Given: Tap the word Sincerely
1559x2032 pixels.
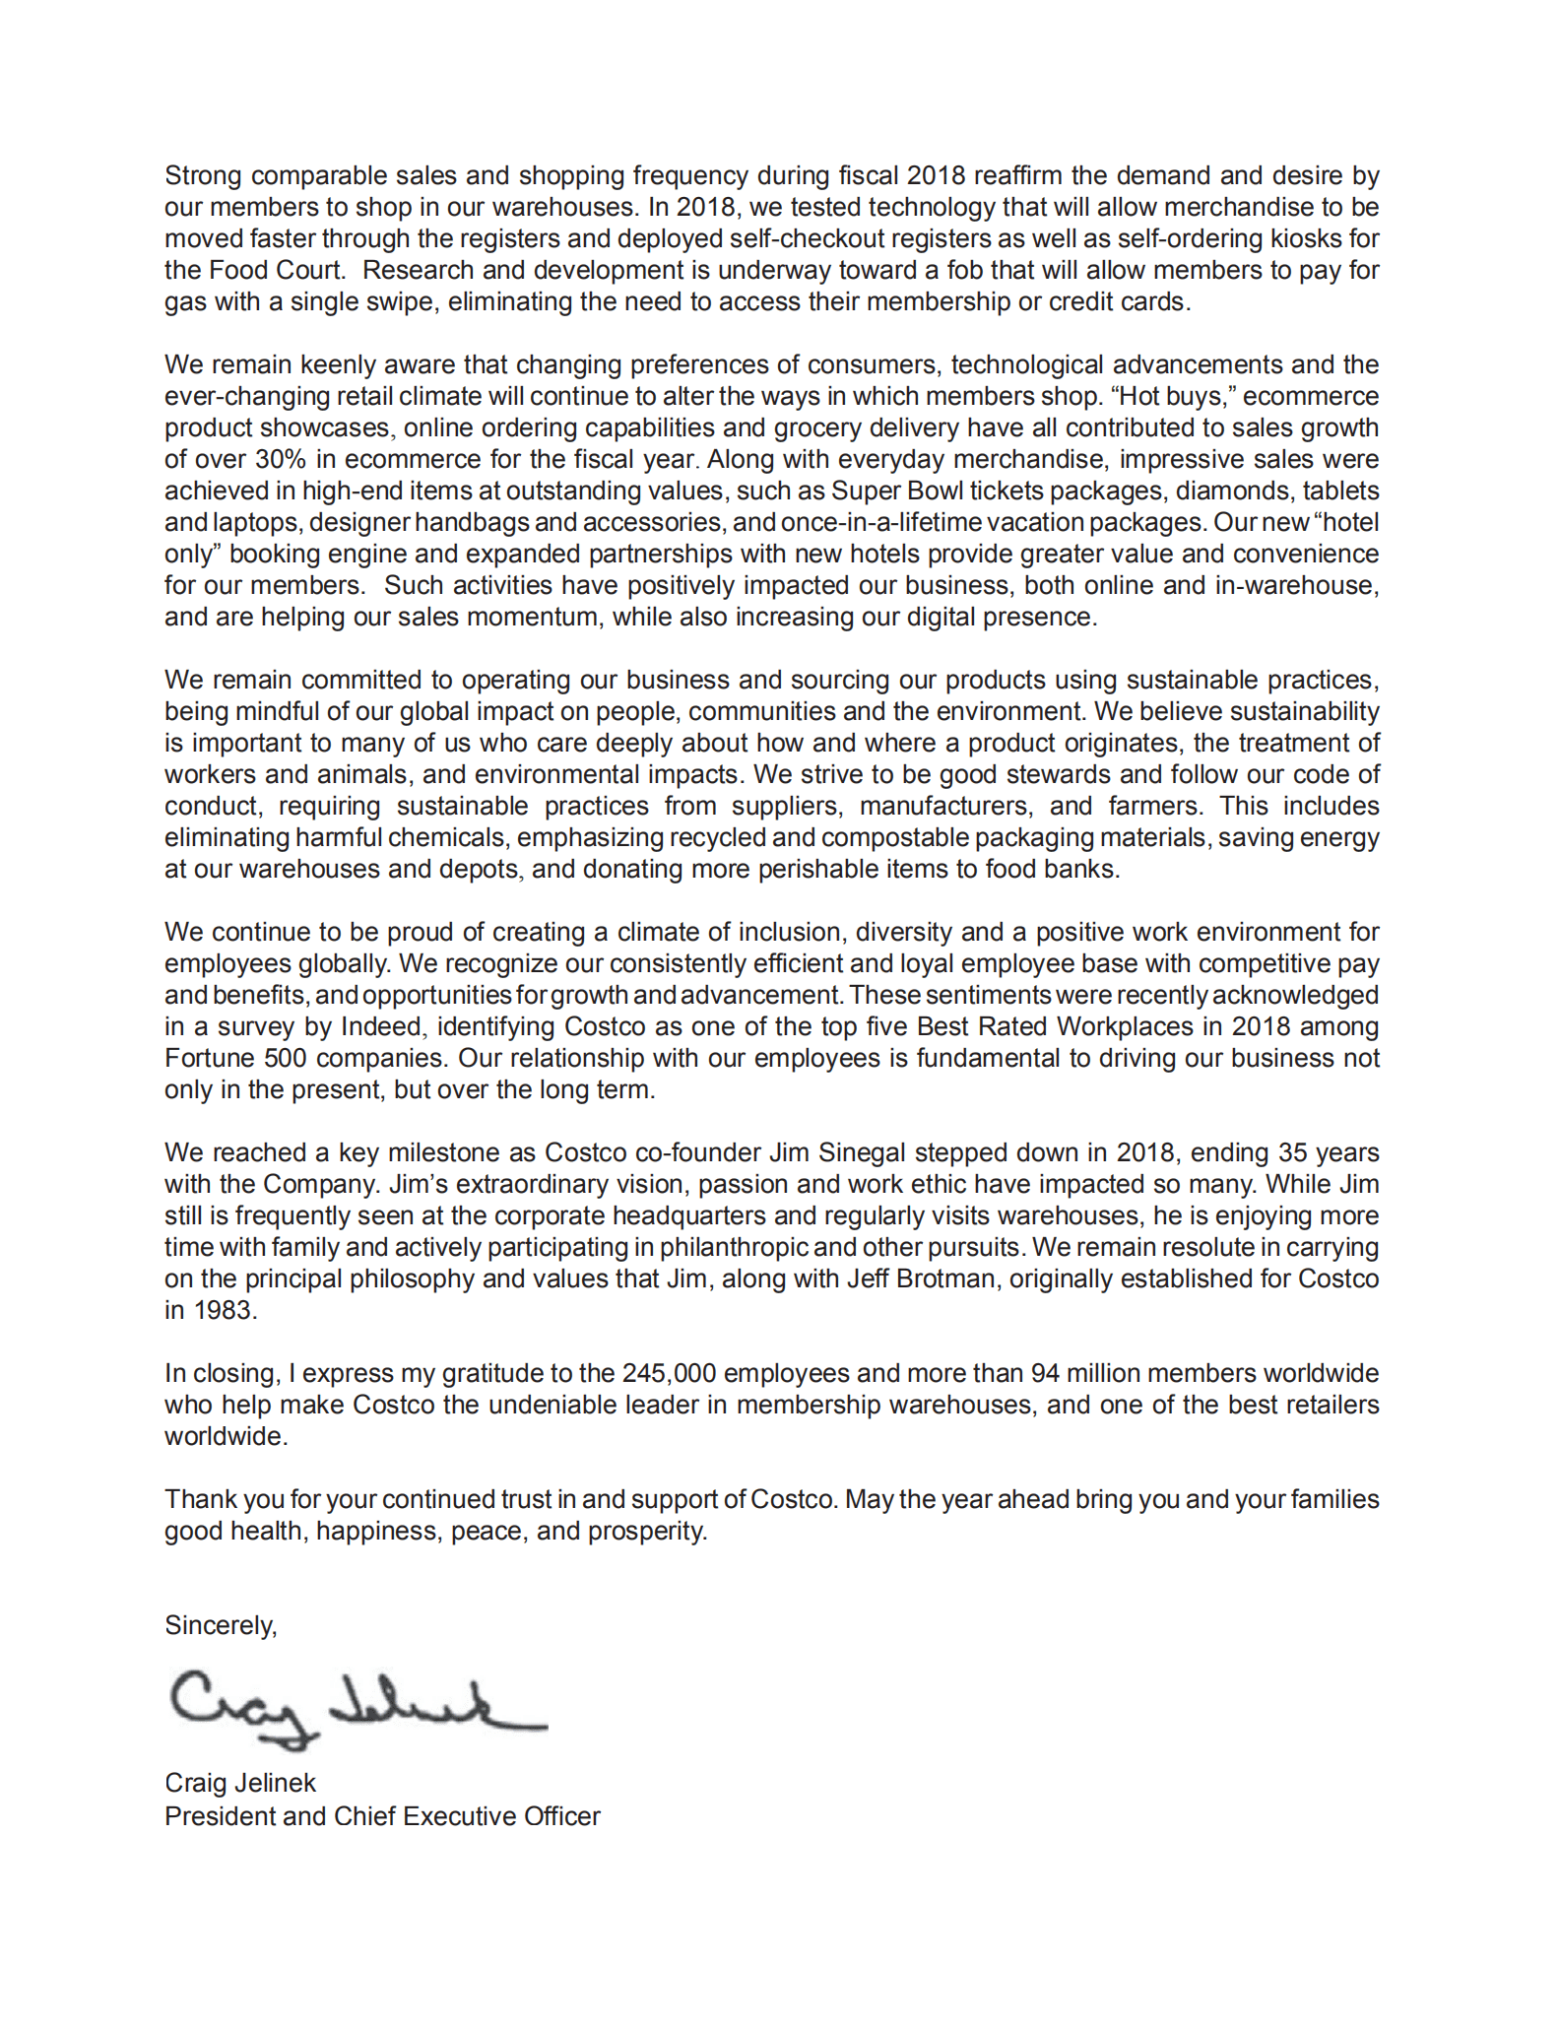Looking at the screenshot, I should [x=220, y=1625].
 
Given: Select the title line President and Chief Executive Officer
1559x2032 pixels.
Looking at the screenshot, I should [x=382, y=1816].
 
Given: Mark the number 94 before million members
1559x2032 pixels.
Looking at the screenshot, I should [x=1045, y=1373].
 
